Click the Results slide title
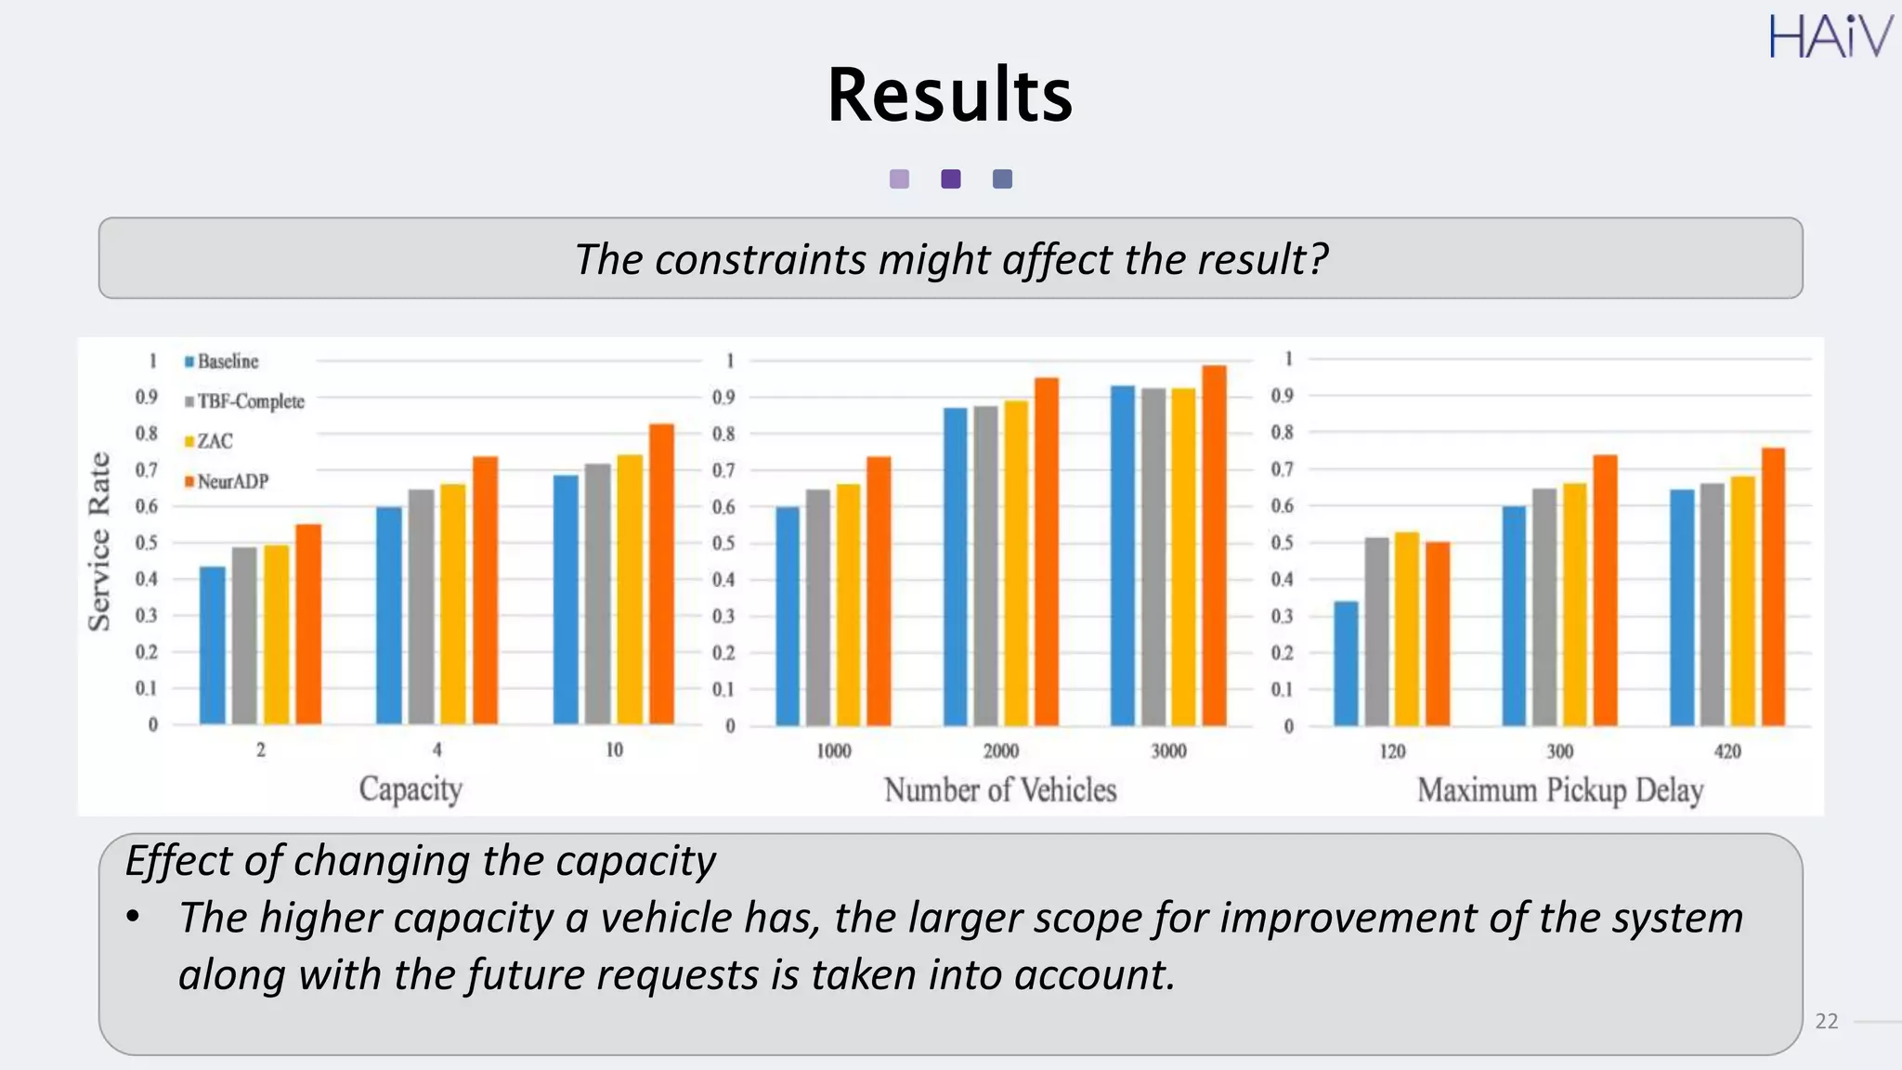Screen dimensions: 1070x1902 coord(949,95)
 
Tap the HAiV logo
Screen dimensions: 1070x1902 coord(1830,37)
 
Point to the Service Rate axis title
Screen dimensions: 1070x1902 coord(99,542)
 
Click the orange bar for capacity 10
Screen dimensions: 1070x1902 coord(661,574)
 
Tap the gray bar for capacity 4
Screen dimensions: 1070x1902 coord(421,607)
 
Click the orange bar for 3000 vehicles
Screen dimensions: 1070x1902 coord(1214,545)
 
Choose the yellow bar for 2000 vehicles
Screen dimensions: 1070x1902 coord(1016,563)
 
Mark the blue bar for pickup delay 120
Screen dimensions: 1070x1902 coord(1346,663)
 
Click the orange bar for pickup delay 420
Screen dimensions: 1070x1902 coord(1773,587)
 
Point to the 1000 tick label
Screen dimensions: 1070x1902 coord(833,750)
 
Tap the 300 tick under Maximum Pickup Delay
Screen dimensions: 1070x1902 coord(1559,750)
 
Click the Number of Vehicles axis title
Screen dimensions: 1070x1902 coord(999,789)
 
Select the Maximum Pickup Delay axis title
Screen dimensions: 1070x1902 coord(1559,790)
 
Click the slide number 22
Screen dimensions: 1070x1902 coord(1826,1021)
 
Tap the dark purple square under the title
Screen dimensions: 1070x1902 coord(950,179)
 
